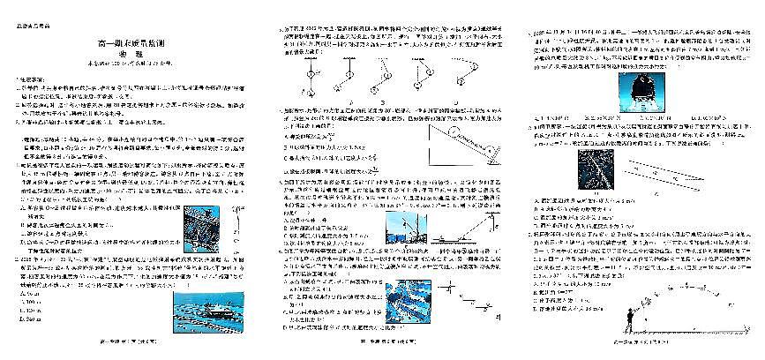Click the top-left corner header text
point(29,24)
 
